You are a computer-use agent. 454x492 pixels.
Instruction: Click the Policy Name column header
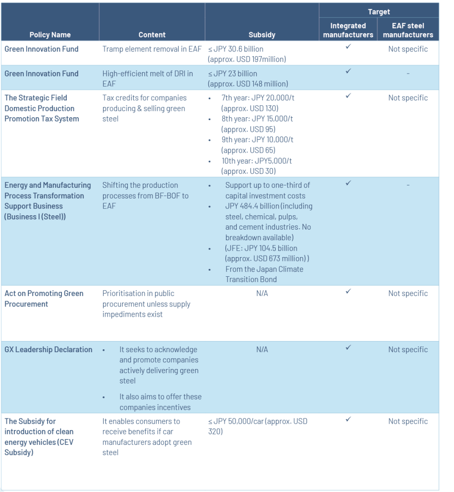click(50, 35)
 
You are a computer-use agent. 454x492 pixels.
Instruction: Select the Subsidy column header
click(262, 35)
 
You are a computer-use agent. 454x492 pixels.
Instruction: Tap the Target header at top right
click(379, 12)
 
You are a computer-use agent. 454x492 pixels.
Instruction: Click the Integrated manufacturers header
click(348, 30)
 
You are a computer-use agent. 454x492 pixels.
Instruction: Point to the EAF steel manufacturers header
click(408, 30)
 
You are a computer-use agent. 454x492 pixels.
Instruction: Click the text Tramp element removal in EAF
click(152, 49)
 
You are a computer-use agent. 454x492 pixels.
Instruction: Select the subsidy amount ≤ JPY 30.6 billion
click(236, 49)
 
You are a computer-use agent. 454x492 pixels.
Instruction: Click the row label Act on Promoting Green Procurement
click(44, 298)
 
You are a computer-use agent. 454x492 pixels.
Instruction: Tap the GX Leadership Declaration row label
click(48, 350)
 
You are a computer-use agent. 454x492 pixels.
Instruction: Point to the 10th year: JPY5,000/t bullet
click(257, 161)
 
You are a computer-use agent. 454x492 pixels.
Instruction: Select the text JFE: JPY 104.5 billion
click(261, 248)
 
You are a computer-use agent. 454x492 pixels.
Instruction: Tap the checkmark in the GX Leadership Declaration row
click(348, 347)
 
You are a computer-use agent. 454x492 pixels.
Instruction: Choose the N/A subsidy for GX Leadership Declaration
click(262, 350)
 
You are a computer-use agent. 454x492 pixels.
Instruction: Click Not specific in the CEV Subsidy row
click(408, 421)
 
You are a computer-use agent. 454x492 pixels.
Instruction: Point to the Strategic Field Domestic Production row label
click(42, 108)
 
